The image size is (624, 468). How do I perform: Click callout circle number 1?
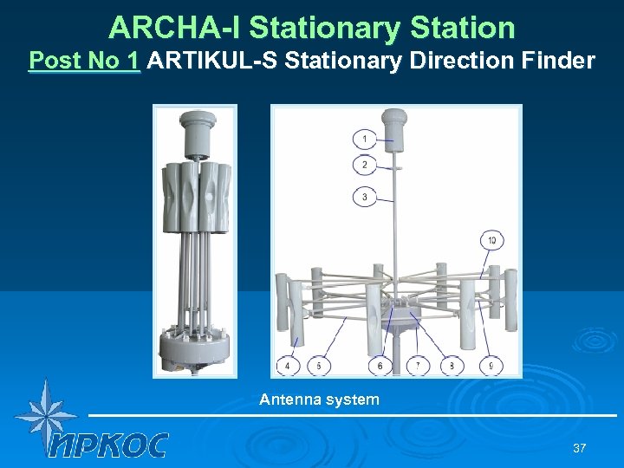365,139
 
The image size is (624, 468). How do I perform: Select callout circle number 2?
365,165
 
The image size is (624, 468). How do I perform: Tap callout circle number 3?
365,197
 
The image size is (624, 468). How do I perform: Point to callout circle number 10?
491,240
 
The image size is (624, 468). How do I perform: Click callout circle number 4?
288,367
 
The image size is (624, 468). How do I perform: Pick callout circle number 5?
319,367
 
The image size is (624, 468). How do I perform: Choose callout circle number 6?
381,367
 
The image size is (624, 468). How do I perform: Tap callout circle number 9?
491,367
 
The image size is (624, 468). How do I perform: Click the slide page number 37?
579,448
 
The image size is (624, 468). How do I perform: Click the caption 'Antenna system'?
319,400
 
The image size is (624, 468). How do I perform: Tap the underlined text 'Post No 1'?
84,62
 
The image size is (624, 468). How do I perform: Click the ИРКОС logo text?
109,445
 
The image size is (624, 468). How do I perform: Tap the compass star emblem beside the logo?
44,413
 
